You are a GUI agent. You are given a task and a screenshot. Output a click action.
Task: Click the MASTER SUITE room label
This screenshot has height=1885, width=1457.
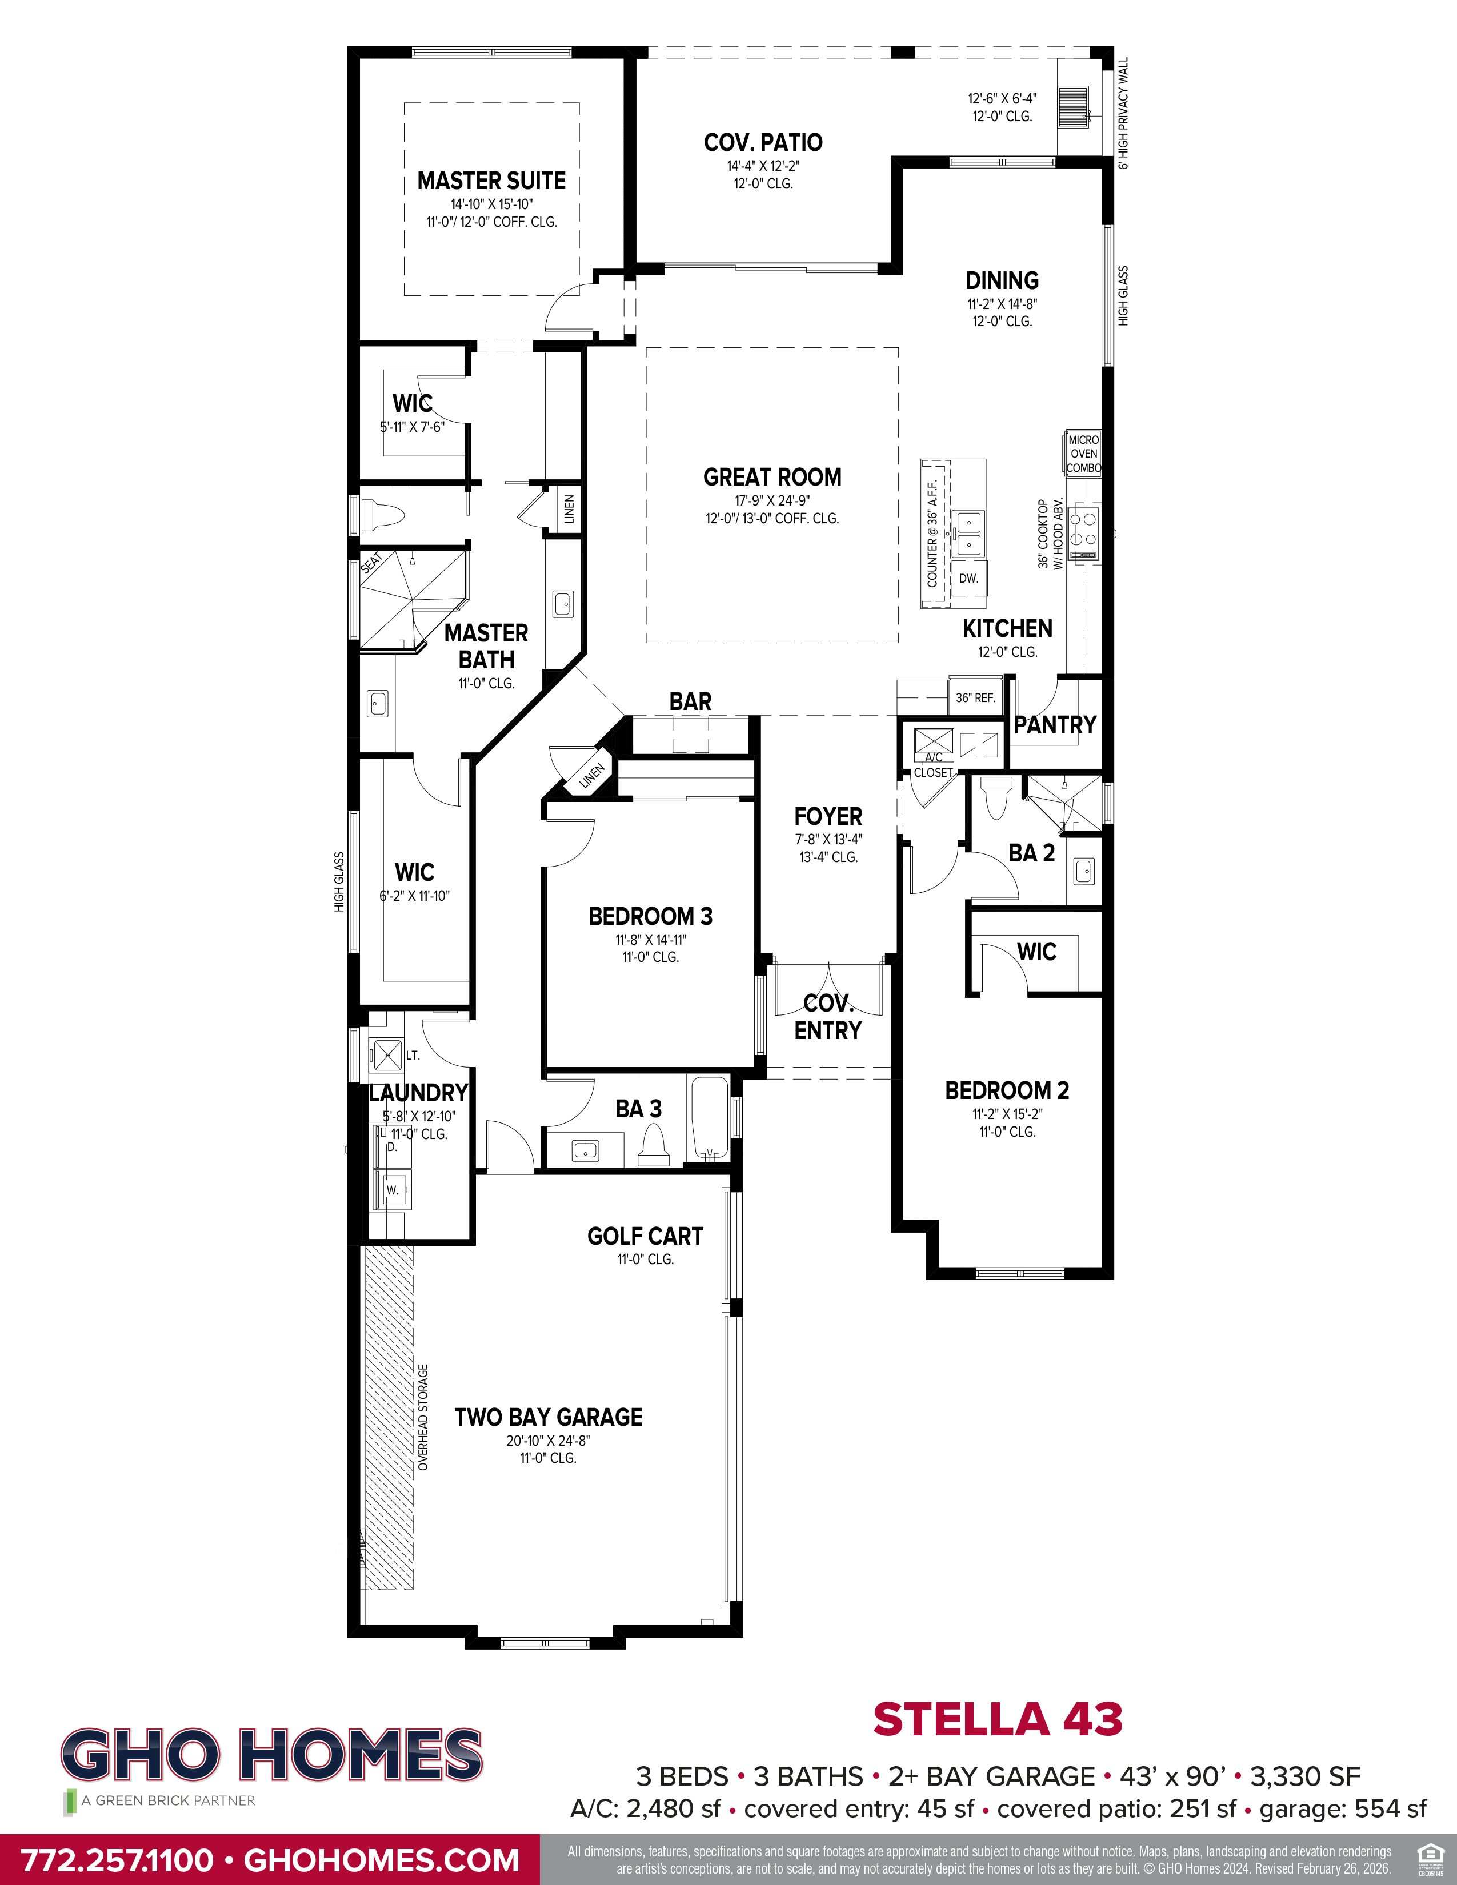coord(491,181)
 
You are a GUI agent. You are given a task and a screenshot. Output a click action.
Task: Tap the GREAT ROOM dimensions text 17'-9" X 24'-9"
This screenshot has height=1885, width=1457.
coord(772,500)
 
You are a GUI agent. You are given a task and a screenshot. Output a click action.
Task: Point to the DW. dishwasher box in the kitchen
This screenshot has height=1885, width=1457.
coord(968,578)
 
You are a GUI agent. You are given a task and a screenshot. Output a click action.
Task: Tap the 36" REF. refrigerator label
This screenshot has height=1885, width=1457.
coord(975,697)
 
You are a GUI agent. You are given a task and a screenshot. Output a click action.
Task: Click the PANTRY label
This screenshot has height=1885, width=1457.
coord(1055,725)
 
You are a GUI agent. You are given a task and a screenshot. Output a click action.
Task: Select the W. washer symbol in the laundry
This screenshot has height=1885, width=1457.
coord(393,1189)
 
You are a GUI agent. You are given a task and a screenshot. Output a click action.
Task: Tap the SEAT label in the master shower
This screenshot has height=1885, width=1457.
coord(371,563)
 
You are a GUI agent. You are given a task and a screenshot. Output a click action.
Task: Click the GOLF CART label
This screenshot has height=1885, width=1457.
coord(645,1236)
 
